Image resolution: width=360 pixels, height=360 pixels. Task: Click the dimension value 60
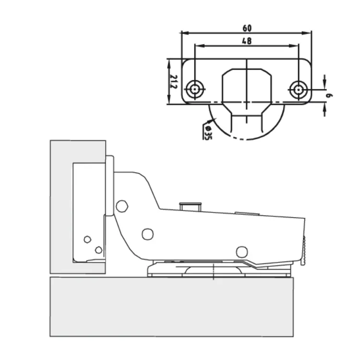[247, 28]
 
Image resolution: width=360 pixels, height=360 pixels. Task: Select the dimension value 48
[247, 41]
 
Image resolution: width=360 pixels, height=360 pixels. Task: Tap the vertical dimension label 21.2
[174, 82]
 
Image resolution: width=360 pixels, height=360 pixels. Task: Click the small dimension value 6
[329, 95]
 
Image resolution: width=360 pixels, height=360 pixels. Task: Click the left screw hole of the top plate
[195, 89]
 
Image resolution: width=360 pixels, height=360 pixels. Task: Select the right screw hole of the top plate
[298, 89]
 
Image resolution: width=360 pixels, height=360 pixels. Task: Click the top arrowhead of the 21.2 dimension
[169, 63]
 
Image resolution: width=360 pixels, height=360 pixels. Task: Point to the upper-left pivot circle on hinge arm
[122, 206]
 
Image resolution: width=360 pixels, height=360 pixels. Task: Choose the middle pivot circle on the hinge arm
[148, 234]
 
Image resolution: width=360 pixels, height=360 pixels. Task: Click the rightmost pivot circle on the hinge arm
[242, 252]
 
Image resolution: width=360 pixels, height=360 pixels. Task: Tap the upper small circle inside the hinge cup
[87, 239]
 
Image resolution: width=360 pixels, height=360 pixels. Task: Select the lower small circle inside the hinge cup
[99, 250]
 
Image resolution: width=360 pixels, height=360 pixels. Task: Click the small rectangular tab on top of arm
[191, 207]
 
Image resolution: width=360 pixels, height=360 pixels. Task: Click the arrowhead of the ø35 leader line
[211, 121]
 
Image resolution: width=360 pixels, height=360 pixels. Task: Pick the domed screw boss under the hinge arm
[214, 270]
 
